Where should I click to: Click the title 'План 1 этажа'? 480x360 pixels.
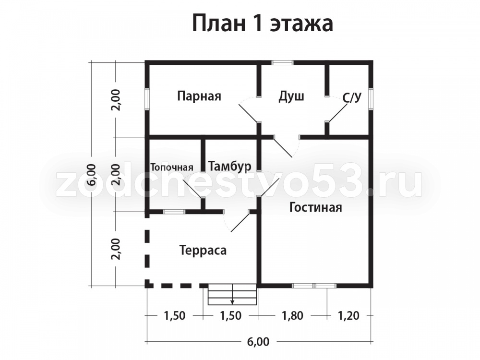pos(263,23)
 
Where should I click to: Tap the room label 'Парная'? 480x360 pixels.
pos(199,96)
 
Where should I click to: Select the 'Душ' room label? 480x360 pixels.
pos(291,96)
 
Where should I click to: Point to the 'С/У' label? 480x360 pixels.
pos(352,98)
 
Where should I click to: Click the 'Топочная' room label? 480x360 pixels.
pos(172,168)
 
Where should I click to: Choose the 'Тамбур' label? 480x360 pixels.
pos(229,166)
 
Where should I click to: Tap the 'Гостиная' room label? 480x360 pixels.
pos(316,207)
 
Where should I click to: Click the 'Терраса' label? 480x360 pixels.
pos(203,251)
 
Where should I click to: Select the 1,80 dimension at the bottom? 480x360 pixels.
pos(292,315)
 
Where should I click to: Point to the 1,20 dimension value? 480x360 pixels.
pos(348,315)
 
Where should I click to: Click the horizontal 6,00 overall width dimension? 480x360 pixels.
pos(259,341)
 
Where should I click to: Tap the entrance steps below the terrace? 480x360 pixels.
pos(232,295)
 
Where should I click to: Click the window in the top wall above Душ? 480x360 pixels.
pos(283,63)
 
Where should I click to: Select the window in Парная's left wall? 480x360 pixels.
pos(147,99)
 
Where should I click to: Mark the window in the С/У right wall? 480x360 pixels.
pos(371,99)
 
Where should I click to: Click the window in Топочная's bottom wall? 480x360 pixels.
pos(174,212)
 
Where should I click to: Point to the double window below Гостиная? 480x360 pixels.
pos(314,286)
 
